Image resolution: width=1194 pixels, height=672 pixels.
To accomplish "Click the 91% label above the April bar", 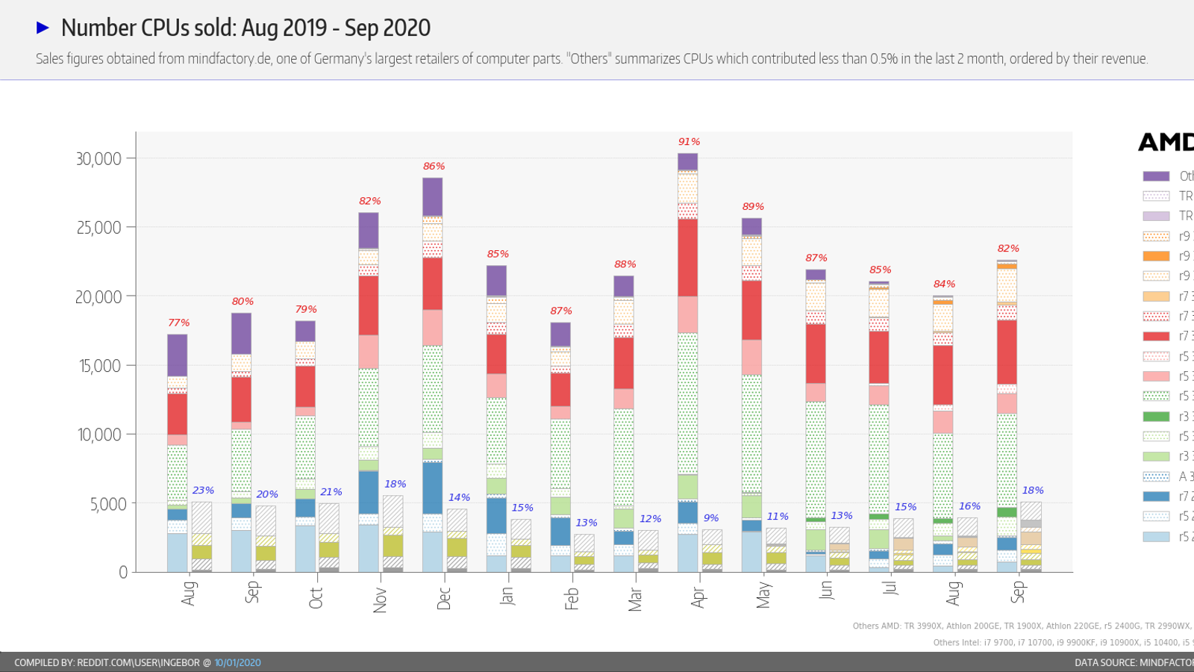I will pos(689,141).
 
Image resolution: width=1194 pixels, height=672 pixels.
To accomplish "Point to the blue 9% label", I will pos(711,517).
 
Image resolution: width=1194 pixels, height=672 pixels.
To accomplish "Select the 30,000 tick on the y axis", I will pos(99,158).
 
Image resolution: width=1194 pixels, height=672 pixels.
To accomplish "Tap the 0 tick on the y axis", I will pos(123,572).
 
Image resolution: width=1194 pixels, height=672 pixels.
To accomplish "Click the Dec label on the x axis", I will pos(444,598).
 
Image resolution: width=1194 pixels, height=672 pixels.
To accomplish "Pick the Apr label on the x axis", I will pos(698,597).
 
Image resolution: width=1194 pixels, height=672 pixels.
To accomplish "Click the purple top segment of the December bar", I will pos(432,196).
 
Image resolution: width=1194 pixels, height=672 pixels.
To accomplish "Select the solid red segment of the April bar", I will pos(687,257).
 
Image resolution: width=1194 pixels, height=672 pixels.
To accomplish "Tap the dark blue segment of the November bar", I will pos(369,492).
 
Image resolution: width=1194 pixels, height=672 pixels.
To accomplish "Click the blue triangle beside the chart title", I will pos(43,28).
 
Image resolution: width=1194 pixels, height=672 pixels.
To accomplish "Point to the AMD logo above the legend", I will pos(1166,142).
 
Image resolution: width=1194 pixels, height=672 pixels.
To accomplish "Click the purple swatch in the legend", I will pos(1156,176).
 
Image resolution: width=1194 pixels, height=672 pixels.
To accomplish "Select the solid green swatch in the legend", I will pos(1156,416).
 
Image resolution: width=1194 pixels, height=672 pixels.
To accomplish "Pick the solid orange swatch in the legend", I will pos(1156,256).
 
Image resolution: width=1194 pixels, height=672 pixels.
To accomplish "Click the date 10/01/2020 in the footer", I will pos(237,662).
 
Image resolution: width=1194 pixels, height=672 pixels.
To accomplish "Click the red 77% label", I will pos(178,323).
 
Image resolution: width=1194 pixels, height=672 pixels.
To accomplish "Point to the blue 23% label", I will pos(203,490).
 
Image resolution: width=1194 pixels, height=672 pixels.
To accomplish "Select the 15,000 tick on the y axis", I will pos(99,365).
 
